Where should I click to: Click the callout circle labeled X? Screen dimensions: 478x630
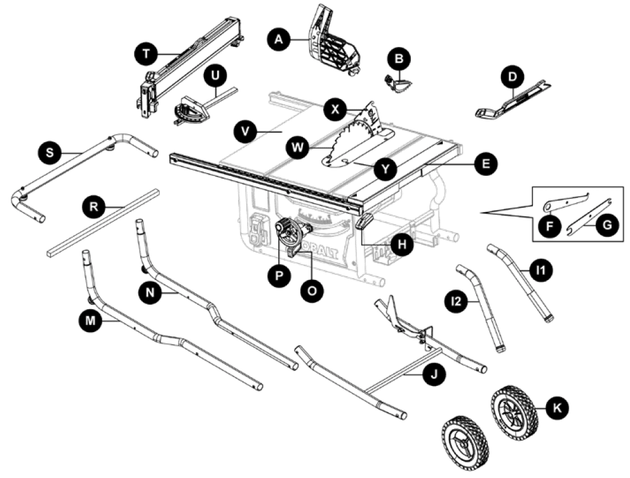point(335,109)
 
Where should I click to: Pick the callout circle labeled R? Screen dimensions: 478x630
point(94,206)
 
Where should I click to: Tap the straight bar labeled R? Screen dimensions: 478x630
point(102,222)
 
